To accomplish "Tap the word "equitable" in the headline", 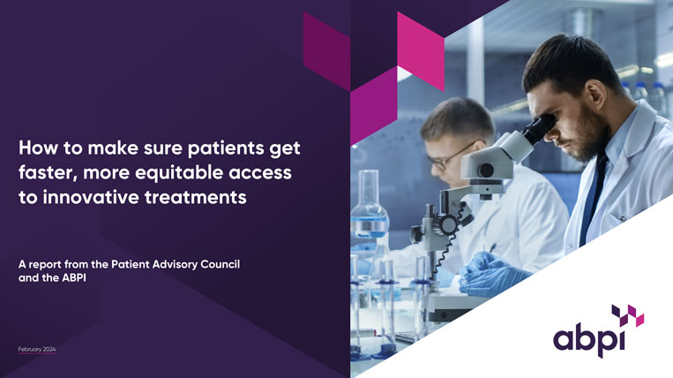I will [x=175, y=170].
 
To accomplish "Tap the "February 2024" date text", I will [x=37, y=351].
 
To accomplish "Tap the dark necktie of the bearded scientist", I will [x=594, y=199].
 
